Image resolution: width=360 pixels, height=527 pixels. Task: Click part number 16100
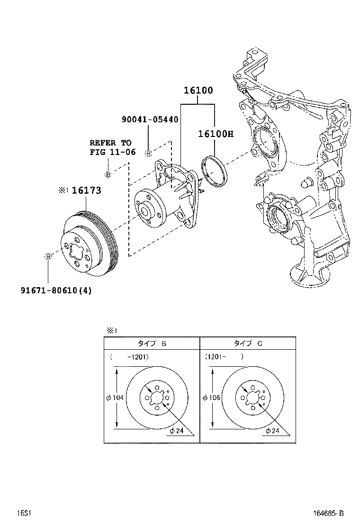(198, 91)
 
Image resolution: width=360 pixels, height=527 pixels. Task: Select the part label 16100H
(216, 134)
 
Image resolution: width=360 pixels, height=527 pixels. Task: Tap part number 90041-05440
(149, 119)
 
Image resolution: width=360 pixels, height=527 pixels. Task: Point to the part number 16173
(86, 190)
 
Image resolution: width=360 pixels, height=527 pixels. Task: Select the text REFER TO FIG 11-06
(113, 147)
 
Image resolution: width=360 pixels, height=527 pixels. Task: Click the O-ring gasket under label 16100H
(214, 169)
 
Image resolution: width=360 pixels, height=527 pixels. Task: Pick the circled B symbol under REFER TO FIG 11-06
(108, 174)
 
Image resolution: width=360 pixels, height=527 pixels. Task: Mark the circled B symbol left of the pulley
(47, 256)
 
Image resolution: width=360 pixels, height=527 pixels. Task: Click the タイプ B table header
(152, 344)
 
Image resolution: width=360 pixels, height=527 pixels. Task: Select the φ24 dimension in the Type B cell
(176, 431)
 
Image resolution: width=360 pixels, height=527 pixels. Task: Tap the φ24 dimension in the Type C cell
(272, 431)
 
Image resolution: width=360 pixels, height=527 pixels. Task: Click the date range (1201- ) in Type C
(224, 357)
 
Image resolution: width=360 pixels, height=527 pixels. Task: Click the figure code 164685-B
(327, 513)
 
